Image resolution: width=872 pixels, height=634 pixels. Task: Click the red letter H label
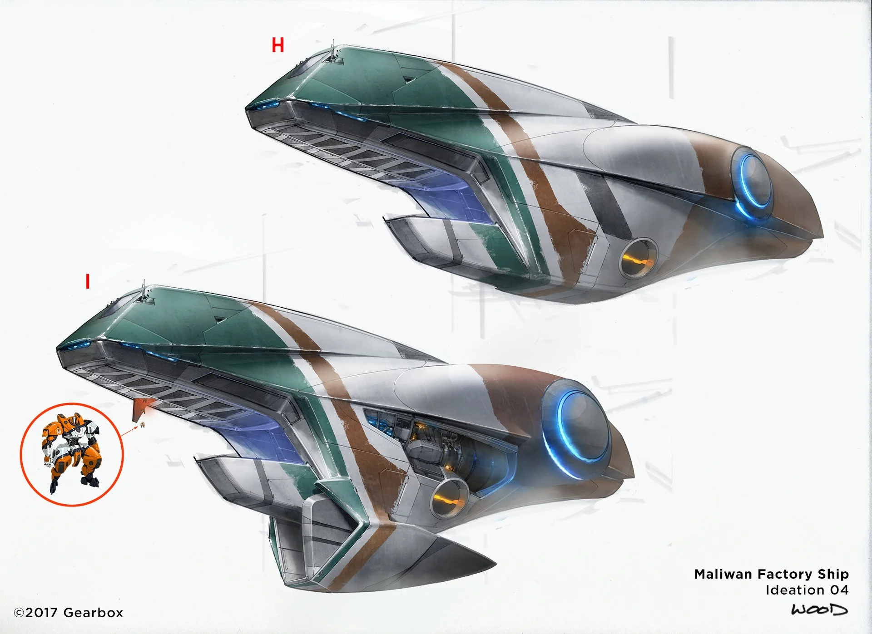[277, 45]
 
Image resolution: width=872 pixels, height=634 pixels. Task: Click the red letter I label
[88, 281]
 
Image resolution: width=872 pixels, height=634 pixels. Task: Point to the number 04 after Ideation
[839, 590]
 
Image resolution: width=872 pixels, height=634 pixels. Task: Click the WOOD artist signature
[819, 609]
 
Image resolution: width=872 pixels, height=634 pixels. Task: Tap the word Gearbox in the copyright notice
[93, 613]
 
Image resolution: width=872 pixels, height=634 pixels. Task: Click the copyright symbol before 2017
[19, 613]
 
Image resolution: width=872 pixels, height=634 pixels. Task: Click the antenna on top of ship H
[333, 51]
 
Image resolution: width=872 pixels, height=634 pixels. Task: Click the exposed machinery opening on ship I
[436, 442]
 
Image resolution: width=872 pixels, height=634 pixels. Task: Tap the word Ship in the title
[833, 574]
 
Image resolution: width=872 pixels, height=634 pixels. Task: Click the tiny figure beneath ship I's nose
[143, 425]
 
